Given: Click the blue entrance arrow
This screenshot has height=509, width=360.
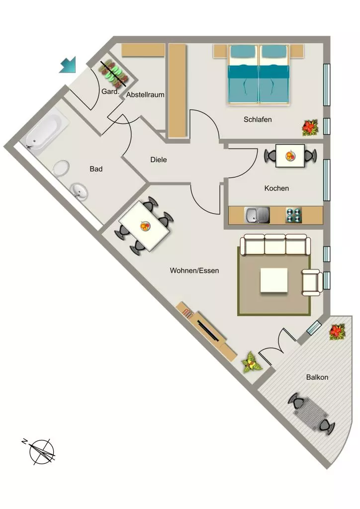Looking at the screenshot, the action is tap(68, 65).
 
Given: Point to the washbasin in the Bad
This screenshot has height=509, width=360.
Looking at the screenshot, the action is tap(79, 191).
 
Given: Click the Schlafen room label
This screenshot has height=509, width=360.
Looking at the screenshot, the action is tap(258, 119).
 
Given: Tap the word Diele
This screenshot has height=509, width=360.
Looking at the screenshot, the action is tap(159, 160).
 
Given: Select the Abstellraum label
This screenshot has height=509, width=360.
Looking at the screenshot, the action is tap(145, 95).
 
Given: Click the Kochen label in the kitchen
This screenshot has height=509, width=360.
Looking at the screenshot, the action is tap(276, 188).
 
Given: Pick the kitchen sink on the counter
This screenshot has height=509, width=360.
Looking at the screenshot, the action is tap(257, 215).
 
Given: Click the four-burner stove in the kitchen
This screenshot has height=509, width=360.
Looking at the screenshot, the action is tap(294, 215).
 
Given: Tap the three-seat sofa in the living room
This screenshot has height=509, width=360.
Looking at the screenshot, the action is tap(275, 245).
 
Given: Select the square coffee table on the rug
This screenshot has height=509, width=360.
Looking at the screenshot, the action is tap(274, 280).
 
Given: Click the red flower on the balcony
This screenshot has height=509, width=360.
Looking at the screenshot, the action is tap(337, 332).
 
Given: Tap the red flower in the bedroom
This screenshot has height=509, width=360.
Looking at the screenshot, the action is tap(310, 128).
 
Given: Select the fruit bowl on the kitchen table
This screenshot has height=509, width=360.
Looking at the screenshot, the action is tap(290, 156).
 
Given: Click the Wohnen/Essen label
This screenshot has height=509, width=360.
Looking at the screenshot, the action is tap(194, 270).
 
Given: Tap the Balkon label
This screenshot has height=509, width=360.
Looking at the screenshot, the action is tap(317, 377).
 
